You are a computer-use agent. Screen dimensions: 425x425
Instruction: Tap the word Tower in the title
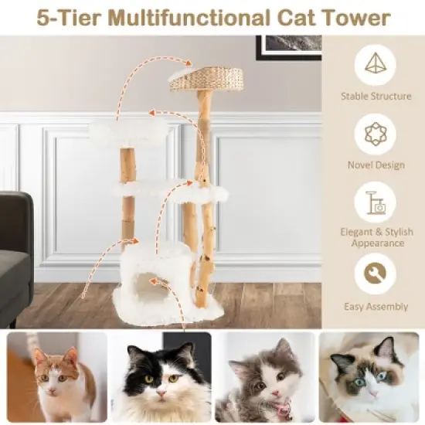[359, 17]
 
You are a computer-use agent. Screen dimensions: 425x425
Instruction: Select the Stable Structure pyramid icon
[375, 66]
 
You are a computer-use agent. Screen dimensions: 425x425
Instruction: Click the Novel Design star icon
[375, 134]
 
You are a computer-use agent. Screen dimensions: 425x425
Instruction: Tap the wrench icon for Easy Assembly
[375, 275]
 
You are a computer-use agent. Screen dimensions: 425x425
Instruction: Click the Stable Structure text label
[376, 97]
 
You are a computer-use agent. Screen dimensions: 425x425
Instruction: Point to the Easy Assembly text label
[376, 307]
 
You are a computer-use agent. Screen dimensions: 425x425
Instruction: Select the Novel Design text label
[376, 165]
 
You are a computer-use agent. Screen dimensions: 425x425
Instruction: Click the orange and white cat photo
[56, 376]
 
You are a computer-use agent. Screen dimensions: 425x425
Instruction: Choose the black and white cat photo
[160, 376]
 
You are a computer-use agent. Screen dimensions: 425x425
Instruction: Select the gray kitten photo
[264, 376]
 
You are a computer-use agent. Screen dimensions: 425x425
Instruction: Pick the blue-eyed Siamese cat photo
[369, 376]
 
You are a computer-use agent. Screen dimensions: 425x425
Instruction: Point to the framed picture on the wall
[290, 46]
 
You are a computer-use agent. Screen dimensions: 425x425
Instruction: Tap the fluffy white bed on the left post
[128, 133]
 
